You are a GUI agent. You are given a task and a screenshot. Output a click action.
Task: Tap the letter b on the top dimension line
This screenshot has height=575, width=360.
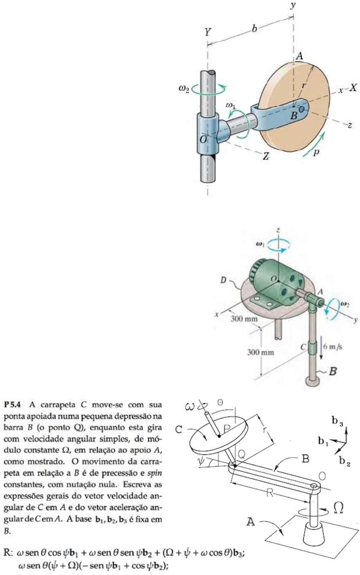pyautogui.click(x=254, y=29)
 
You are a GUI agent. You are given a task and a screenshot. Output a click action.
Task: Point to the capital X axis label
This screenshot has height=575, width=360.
pyautogui.click(x=353, y=88)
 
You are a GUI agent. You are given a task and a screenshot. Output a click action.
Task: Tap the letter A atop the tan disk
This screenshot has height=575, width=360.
pyautogui.click(x=299, y=56)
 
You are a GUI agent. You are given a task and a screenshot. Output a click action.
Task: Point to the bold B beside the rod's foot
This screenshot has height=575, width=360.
pyautogui.click(x=333, y=372)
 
